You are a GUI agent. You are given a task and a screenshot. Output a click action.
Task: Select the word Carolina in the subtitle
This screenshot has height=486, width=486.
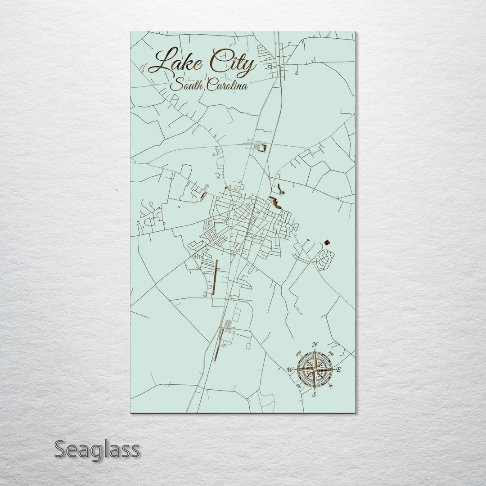(227, 85)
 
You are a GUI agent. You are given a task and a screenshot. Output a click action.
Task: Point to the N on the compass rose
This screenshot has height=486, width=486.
(315, 345)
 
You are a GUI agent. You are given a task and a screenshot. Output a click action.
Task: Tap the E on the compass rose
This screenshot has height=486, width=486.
(339, 370)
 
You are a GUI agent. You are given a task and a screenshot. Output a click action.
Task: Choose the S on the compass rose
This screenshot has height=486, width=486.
(315, 394)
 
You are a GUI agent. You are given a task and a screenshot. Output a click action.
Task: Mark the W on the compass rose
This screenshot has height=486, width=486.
(290, 370)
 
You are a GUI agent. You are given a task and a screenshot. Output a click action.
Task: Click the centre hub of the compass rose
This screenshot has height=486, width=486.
(315, 369)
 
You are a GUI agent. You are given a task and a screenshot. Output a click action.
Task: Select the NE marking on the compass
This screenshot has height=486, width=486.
(332, 353)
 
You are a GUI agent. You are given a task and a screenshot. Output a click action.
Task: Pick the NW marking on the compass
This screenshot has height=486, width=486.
(298, 353)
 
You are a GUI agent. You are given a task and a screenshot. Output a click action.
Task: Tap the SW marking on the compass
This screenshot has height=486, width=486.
(298, 386)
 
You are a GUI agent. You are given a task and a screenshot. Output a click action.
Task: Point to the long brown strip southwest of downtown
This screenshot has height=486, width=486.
(215, 277)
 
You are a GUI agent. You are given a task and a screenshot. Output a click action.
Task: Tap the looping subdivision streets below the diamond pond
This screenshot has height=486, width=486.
(325, 260)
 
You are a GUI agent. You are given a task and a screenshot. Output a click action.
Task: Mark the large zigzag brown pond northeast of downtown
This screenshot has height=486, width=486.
(275, 203)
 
